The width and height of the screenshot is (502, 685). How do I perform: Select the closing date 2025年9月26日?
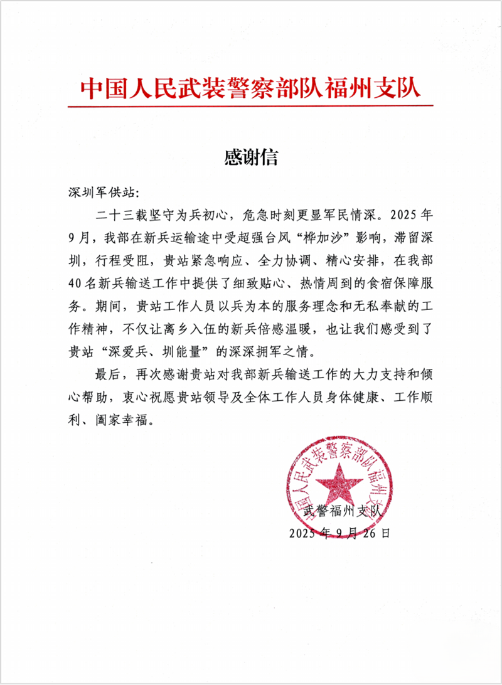click(x=339, y=533)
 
